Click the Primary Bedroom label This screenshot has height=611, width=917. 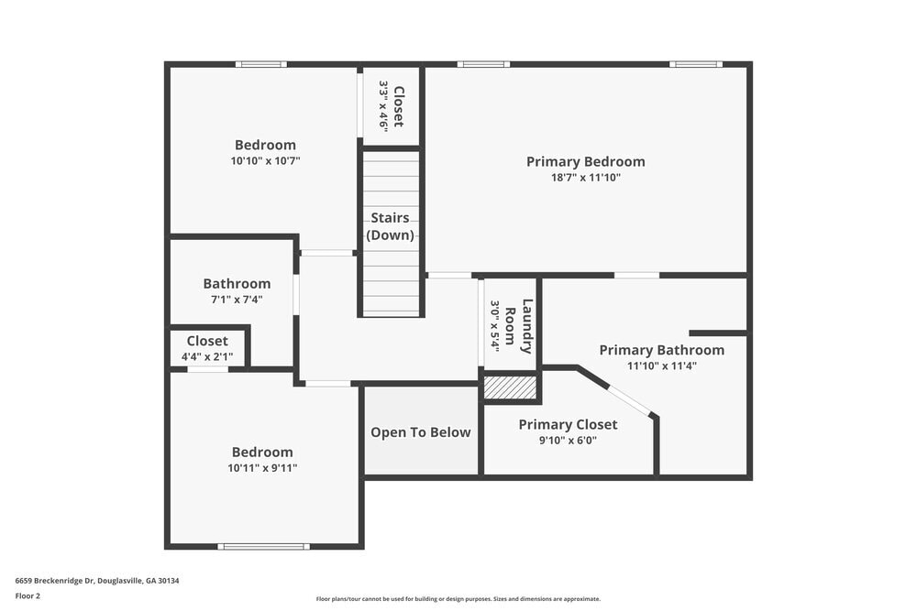[585, 161]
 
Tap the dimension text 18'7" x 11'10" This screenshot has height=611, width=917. [585, 178]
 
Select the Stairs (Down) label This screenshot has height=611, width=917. [390, 226]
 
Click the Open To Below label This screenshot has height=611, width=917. [420, 432]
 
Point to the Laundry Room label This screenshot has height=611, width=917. [518, 326]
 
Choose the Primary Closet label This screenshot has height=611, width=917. [568, 424]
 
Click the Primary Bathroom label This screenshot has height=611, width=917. [661, 350]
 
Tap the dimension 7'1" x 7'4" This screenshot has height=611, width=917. [237, 299]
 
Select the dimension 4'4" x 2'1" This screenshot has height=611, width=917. [207, 356]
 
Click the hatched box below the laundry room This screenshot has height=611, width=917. [510, 388]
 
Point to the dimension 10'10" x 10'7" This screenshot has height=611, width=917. [265, 160]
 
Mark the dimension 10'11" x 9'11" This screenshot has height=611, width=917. [262, 468]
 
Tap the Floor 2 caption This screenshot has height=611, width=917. [28, 595]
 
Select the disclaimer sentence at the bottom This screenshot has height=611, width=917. [458, 599]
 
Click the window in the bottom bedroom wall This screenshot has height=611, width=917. [263, 547]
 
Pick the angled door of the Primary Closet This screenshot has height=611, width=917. [630, 400]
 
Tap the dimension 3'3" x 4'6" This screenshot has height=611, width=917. [384, 106]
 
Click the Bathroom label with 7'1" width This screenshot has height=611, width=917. [237, 284]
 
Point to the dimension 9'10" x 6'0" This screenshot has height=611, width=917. [568, 440]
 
